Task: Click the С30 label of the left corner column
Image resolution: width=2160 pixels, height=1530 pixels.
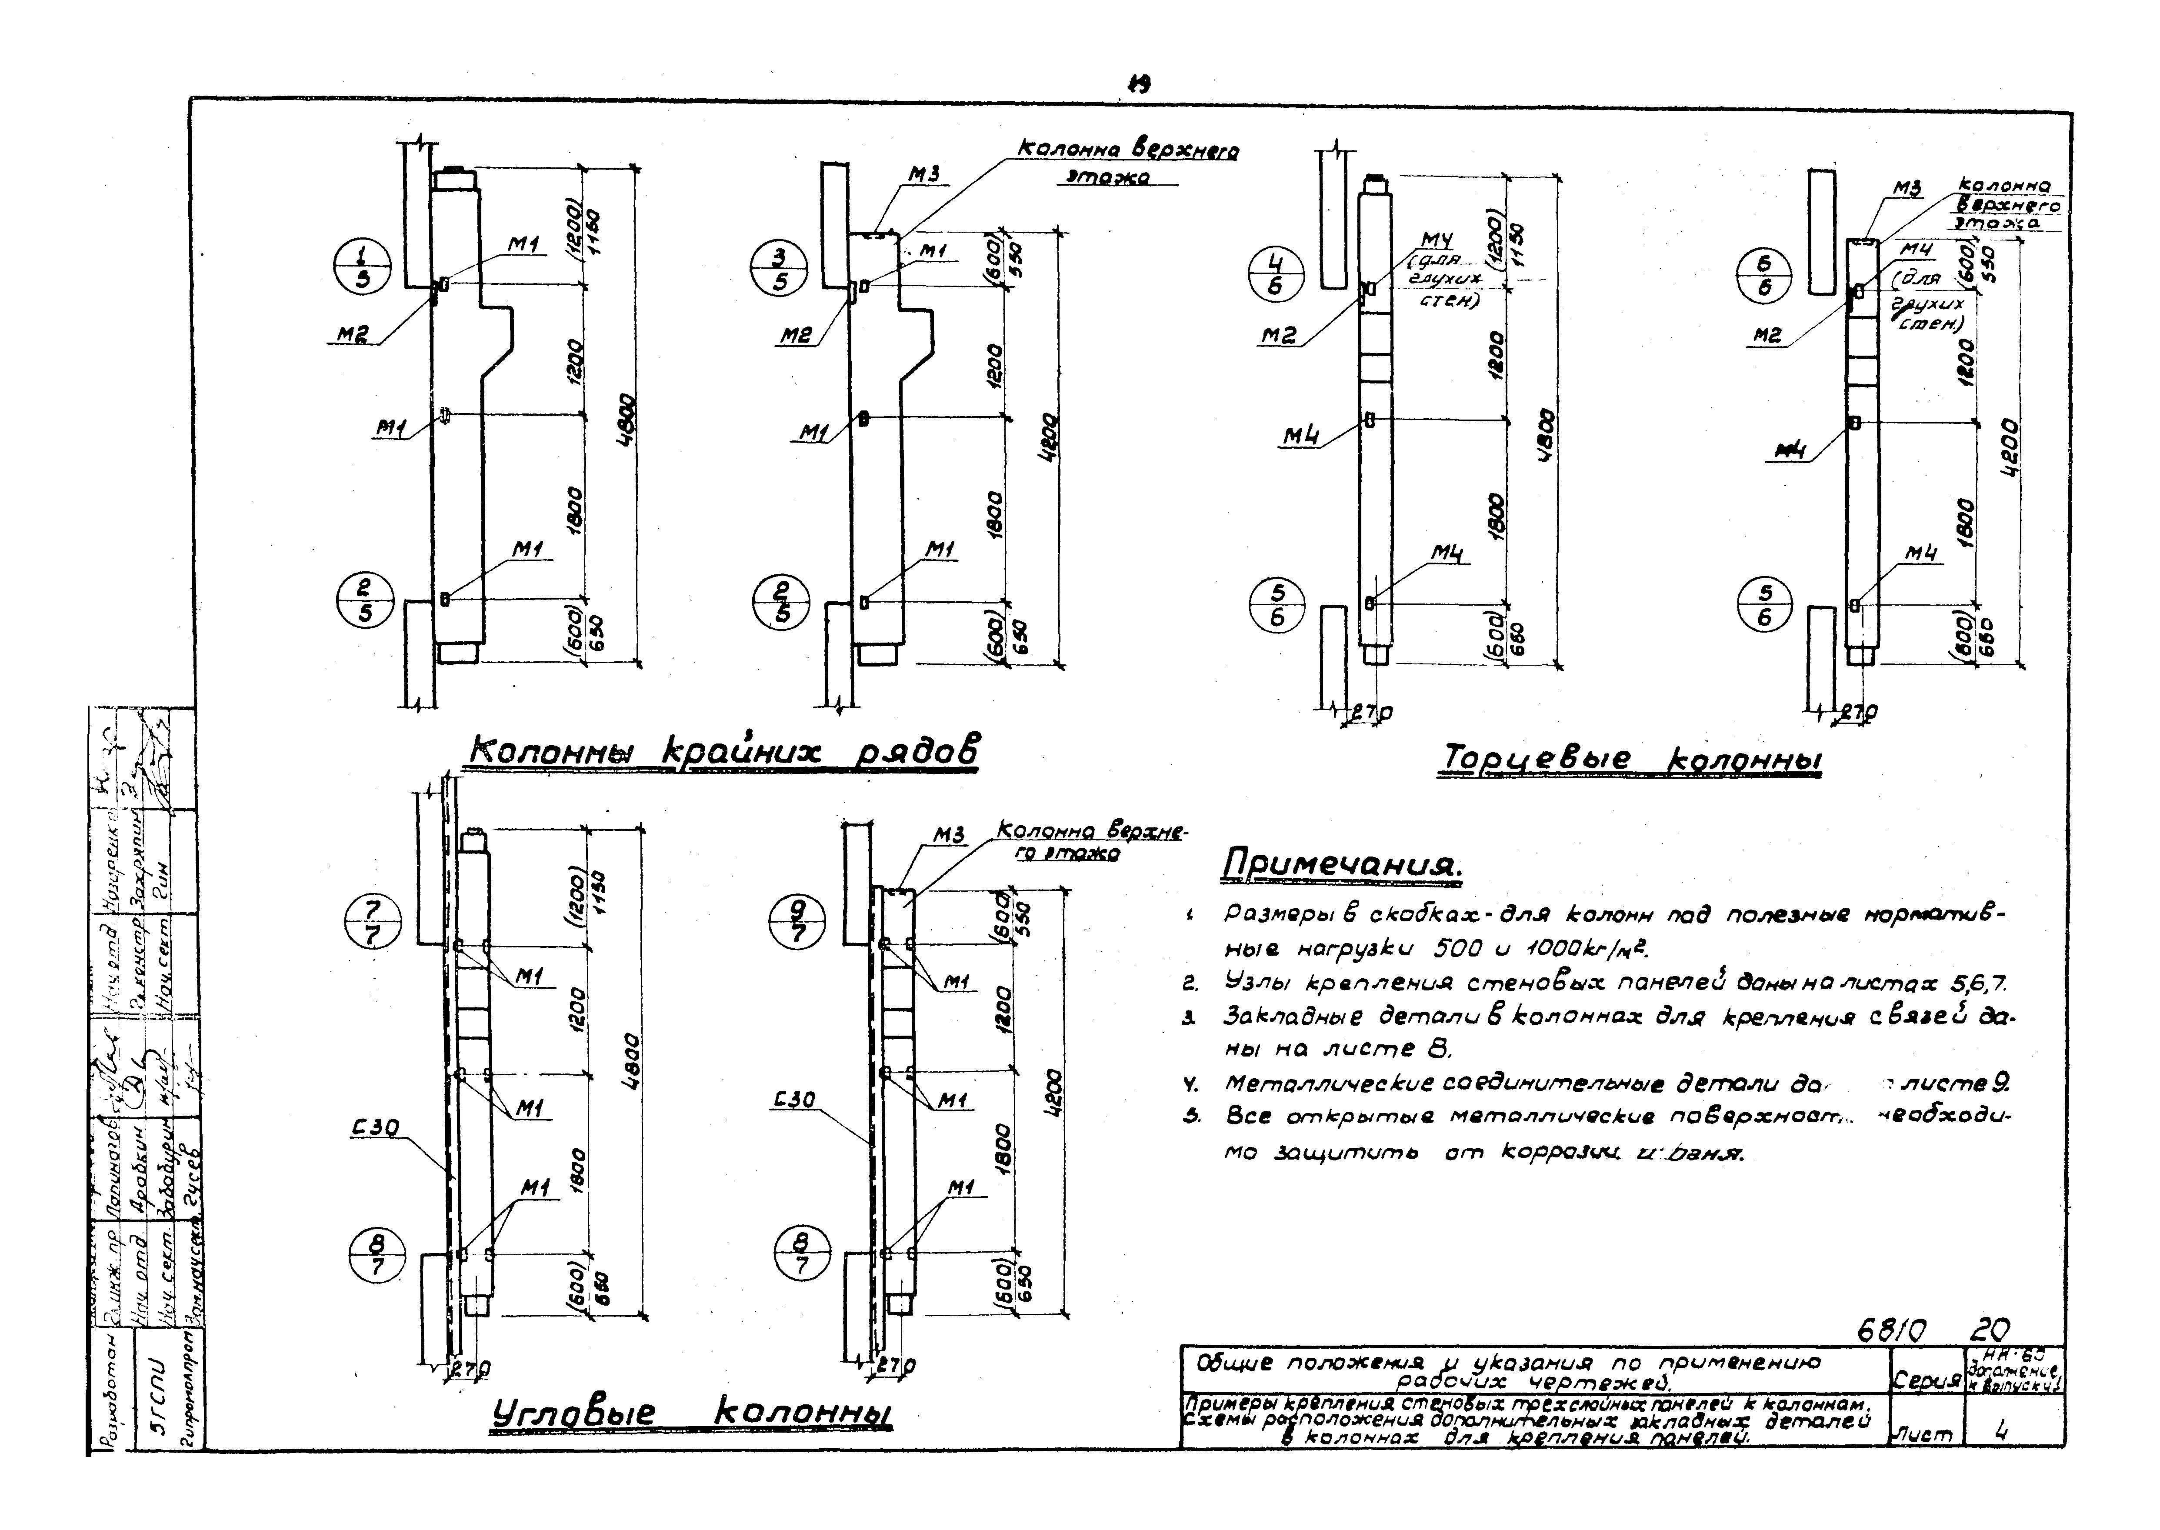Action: tap(377, 1128)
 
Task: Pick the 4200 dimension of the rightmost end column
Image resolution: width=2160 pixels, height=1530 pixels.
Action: tap(2007, 447)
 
